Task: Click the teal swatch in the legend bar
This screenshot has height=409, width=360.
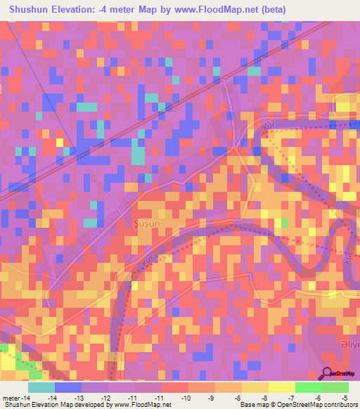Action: (x=41, y=387)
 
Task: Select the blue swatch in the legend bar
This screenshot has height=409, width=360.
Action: (x=67, y=387)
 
